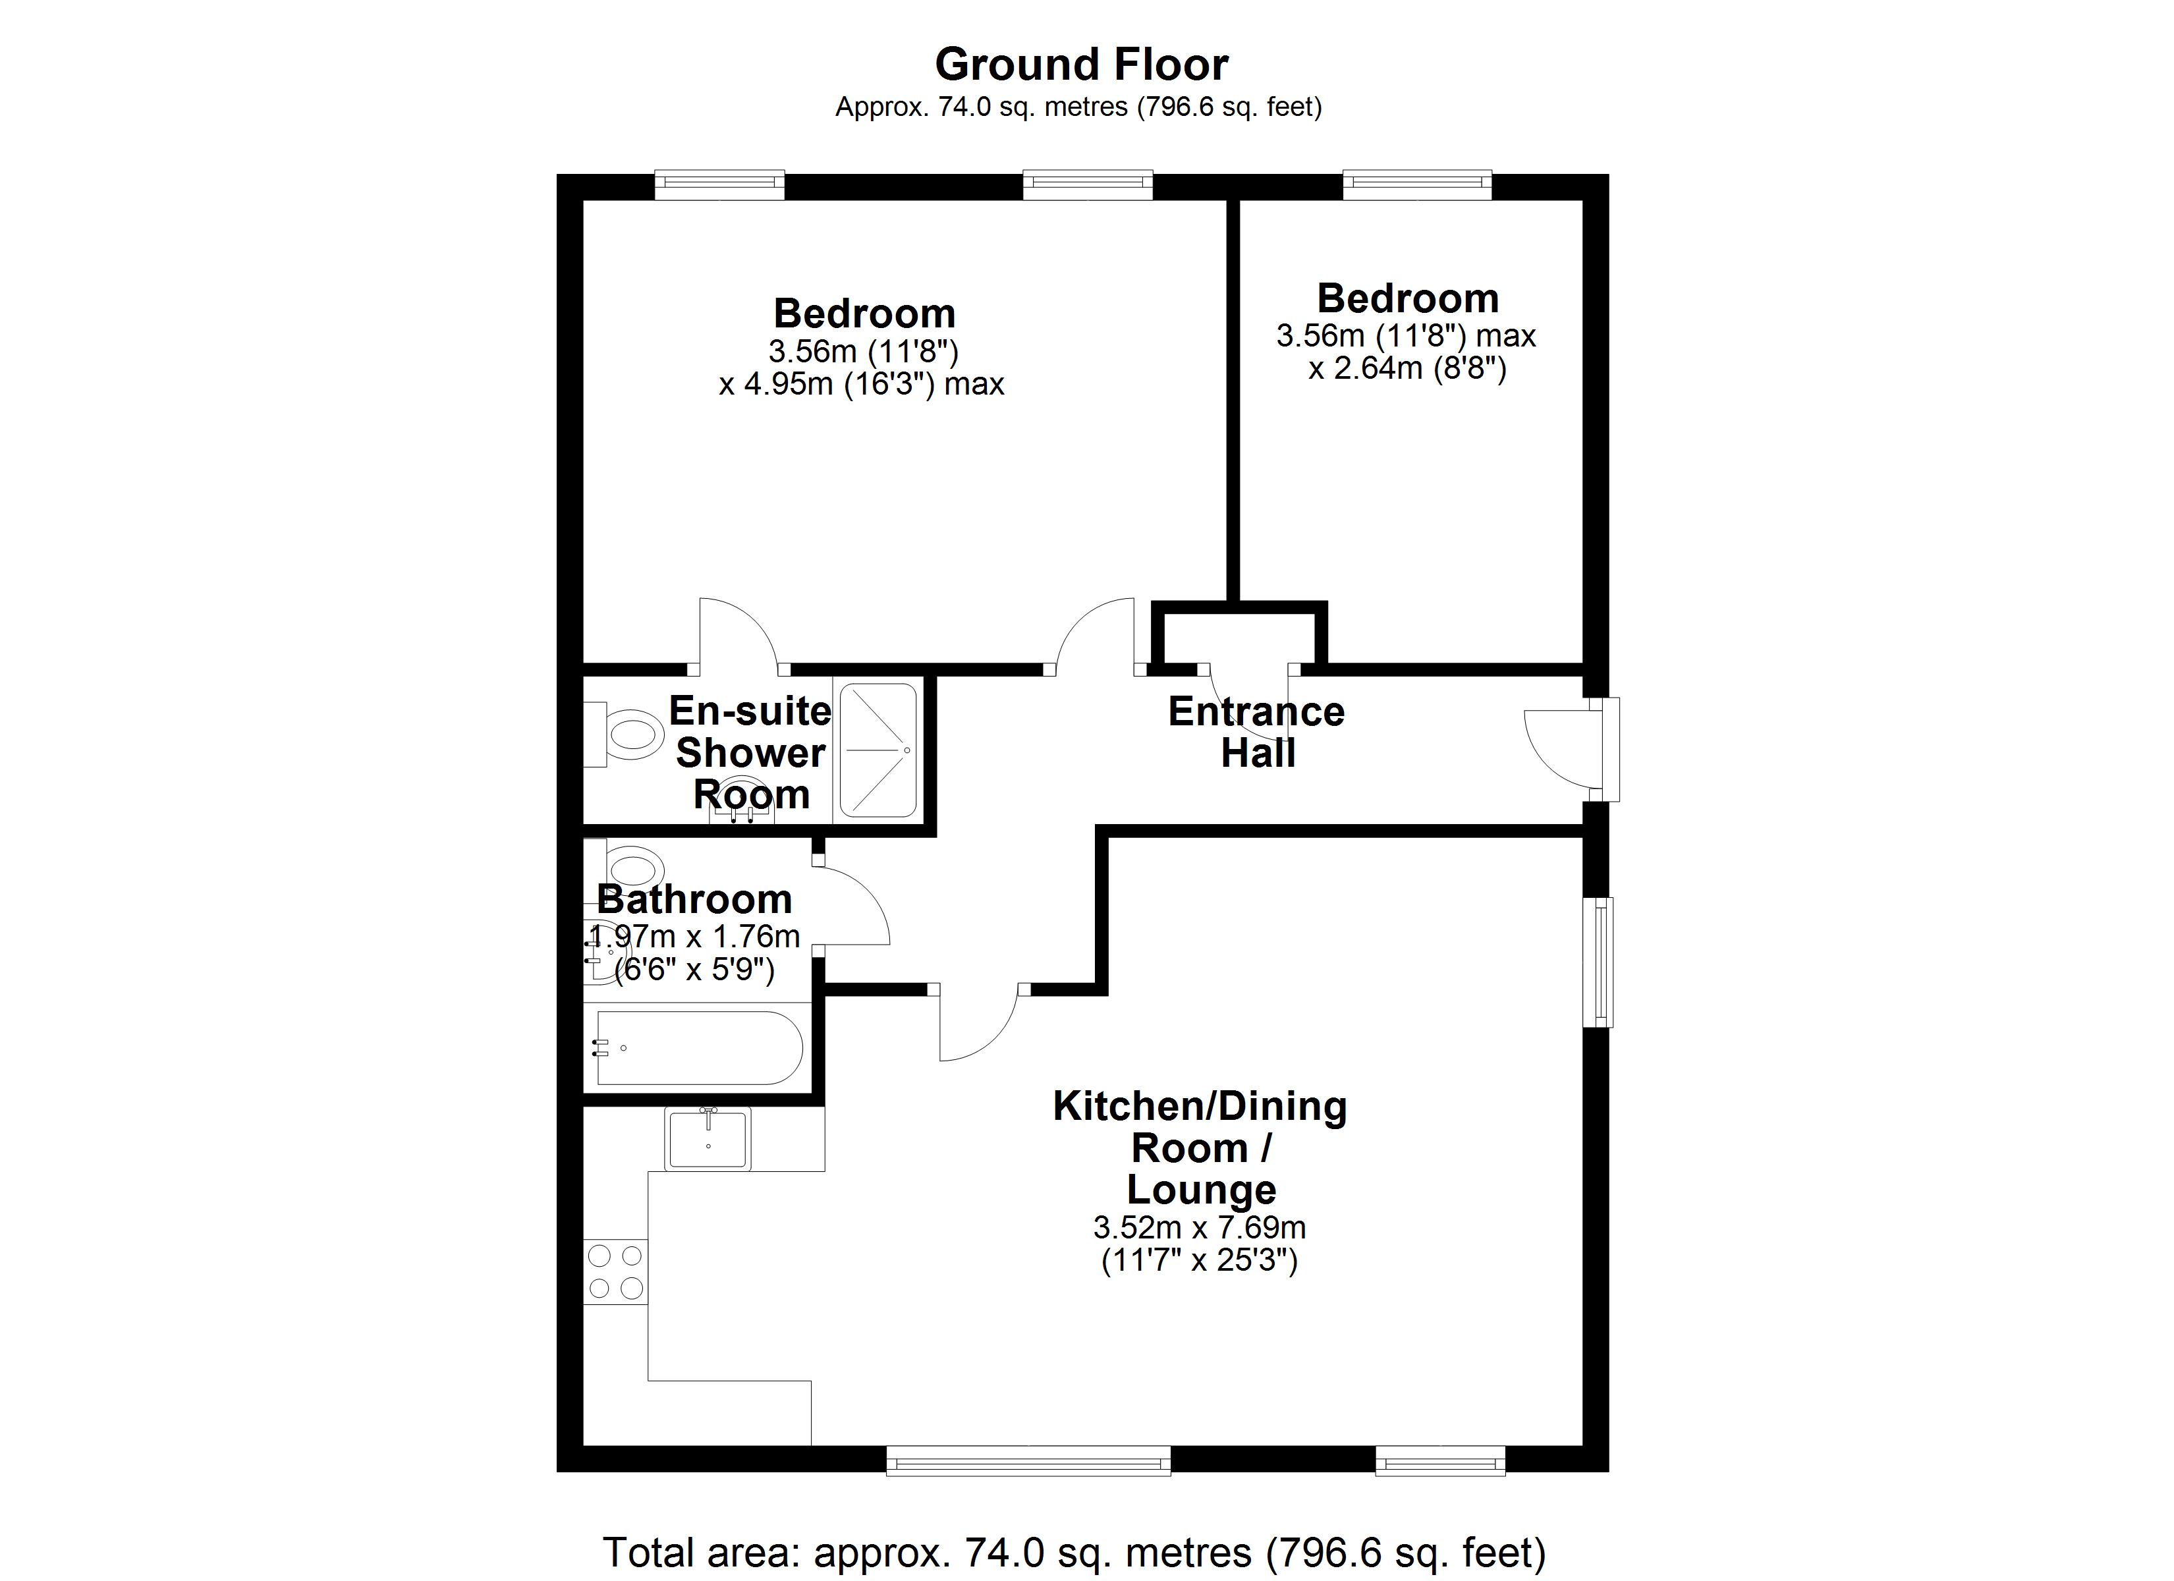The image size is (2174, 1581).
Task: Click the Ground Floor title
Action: pos(1080,65)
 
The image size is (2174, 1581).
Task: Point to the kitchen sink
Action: pos(708,1138)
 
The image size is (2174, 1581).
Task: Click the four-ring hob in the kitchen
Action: pos(615,1271)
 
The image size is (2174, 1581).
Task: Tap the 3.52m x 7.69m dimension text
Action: pos(1199,1227)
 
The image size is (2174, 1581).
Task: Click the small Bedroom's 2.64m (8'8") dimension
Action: pos(1407,368)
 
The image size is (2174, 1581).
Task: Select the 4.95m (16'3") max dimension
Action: pos(861,385)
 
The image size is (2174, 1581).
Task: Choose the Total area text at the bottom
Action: pos(1074,1552)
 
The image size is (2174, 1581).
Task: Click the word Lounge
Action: pos(1201,1189)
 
